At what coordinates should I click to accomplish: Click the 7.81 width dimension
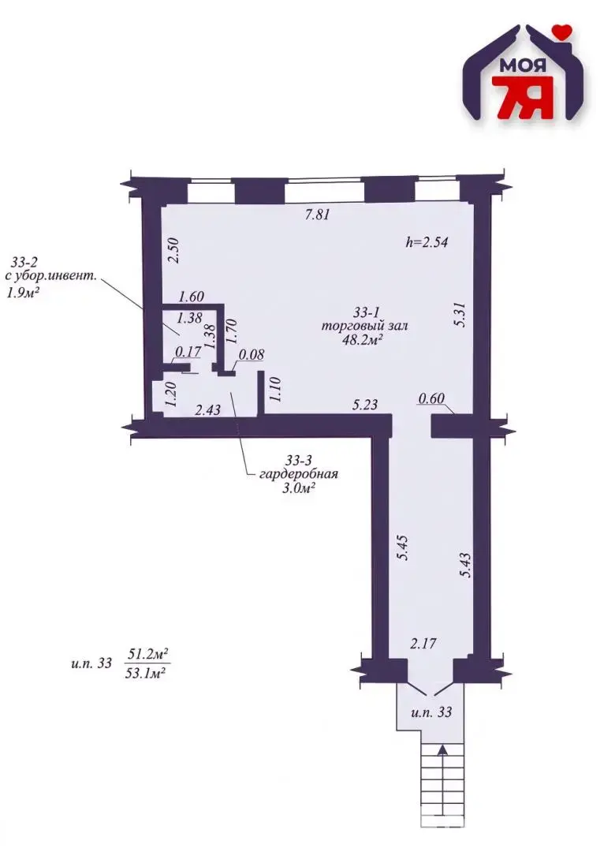pyautogui.click(x=318, y=214)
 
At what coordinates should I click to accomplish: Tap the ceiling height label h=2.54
pyautogui.click(x=427, y=242)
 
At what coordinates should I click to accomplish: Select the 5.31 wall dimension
pyautogui.click(x=460, y=314)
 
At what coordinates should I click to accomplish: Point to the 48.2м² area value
pyautogui.click(x=365, y=339)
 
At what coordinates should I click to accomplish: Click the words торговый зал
pyautogui.click(x=364, y=326)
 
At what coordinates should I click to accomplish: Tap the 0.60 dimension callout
pyautogui.click(x=431, y=398)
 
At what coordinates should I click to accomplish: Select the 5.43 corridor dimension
pyautogui.click(x=464, y=566)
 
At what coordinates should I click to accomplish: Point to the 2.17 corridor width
pyautogui.click(x=423, y=644)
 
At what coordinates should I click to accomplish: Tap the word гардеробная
pyautogui.click(x=299, y=474)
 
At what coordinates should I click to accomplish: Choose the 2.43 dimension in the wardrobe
pyautogui.click(x=207, y=409)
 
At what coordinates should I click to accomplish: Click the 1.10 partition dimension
pyautogui.click(x=274, y=390)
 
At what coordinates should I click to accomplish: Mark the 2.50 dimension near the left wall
pyautogui.click(x=173, y=251)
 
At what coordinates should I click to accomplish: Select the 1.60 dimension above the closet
pyautogui.click(x=191, y=297)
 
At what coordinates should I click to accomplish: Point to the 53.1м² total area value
pyautogui.click(x=146, y=673)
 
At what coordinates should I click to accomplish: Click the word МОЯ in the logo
pyautogui.click(x=523, y=66)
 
